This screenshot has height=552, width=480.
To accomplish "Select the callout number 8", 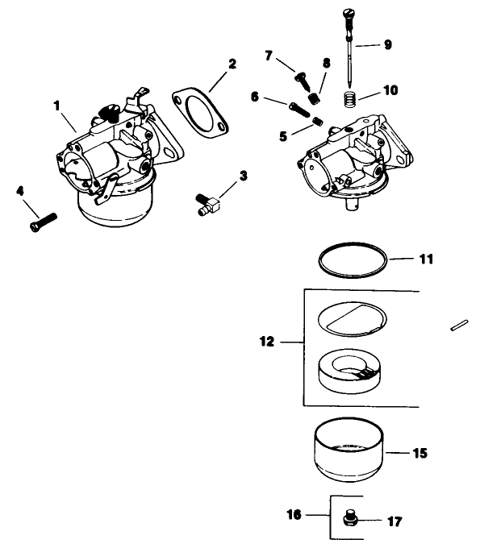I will tap(326, 64).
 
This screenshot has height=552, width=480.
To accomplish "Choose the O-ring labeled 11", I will tap(351, 262).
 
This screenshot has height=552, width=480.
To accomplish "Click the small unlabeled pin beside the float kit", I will tap(457, 326).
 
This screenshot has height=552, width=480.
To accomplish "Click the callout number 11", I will tap(427, 259).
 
